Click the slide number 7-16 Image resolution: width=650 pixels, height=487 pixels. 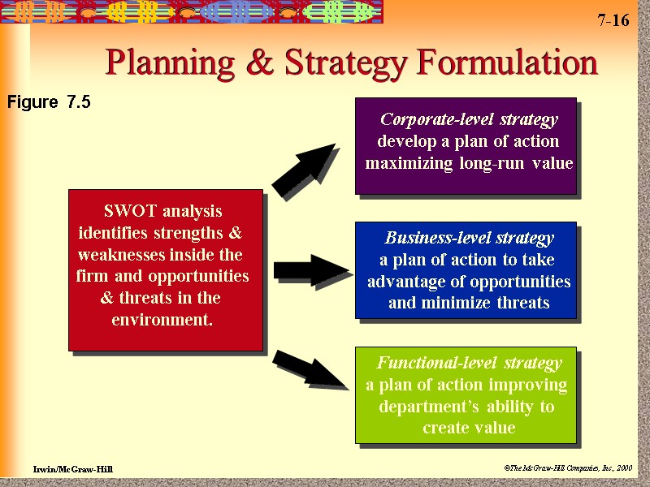pos(613,21)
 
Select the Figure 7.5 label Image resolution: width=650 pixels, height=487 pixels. pos(49,102)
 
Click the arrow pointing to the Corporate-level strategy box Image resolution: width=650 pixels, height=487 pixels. pos(303,170)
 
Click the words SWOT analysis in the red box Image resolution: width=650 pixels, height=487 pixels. pos(163,211)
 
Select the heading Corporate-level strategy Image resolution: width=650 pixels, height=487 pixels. pos(469,120)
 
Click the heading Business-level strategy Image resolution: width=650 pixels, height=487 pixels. pos(469,239)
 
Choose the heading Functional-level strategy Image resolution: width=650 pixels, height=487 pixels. pos(469,363)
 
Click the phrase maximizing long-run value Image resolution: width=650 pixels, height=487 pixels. pos(469,164)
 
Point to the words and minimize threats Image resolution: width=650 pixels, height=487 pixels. pos(469,304)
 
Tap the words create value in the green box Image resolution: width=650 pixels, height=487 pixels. pos(469,428)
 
